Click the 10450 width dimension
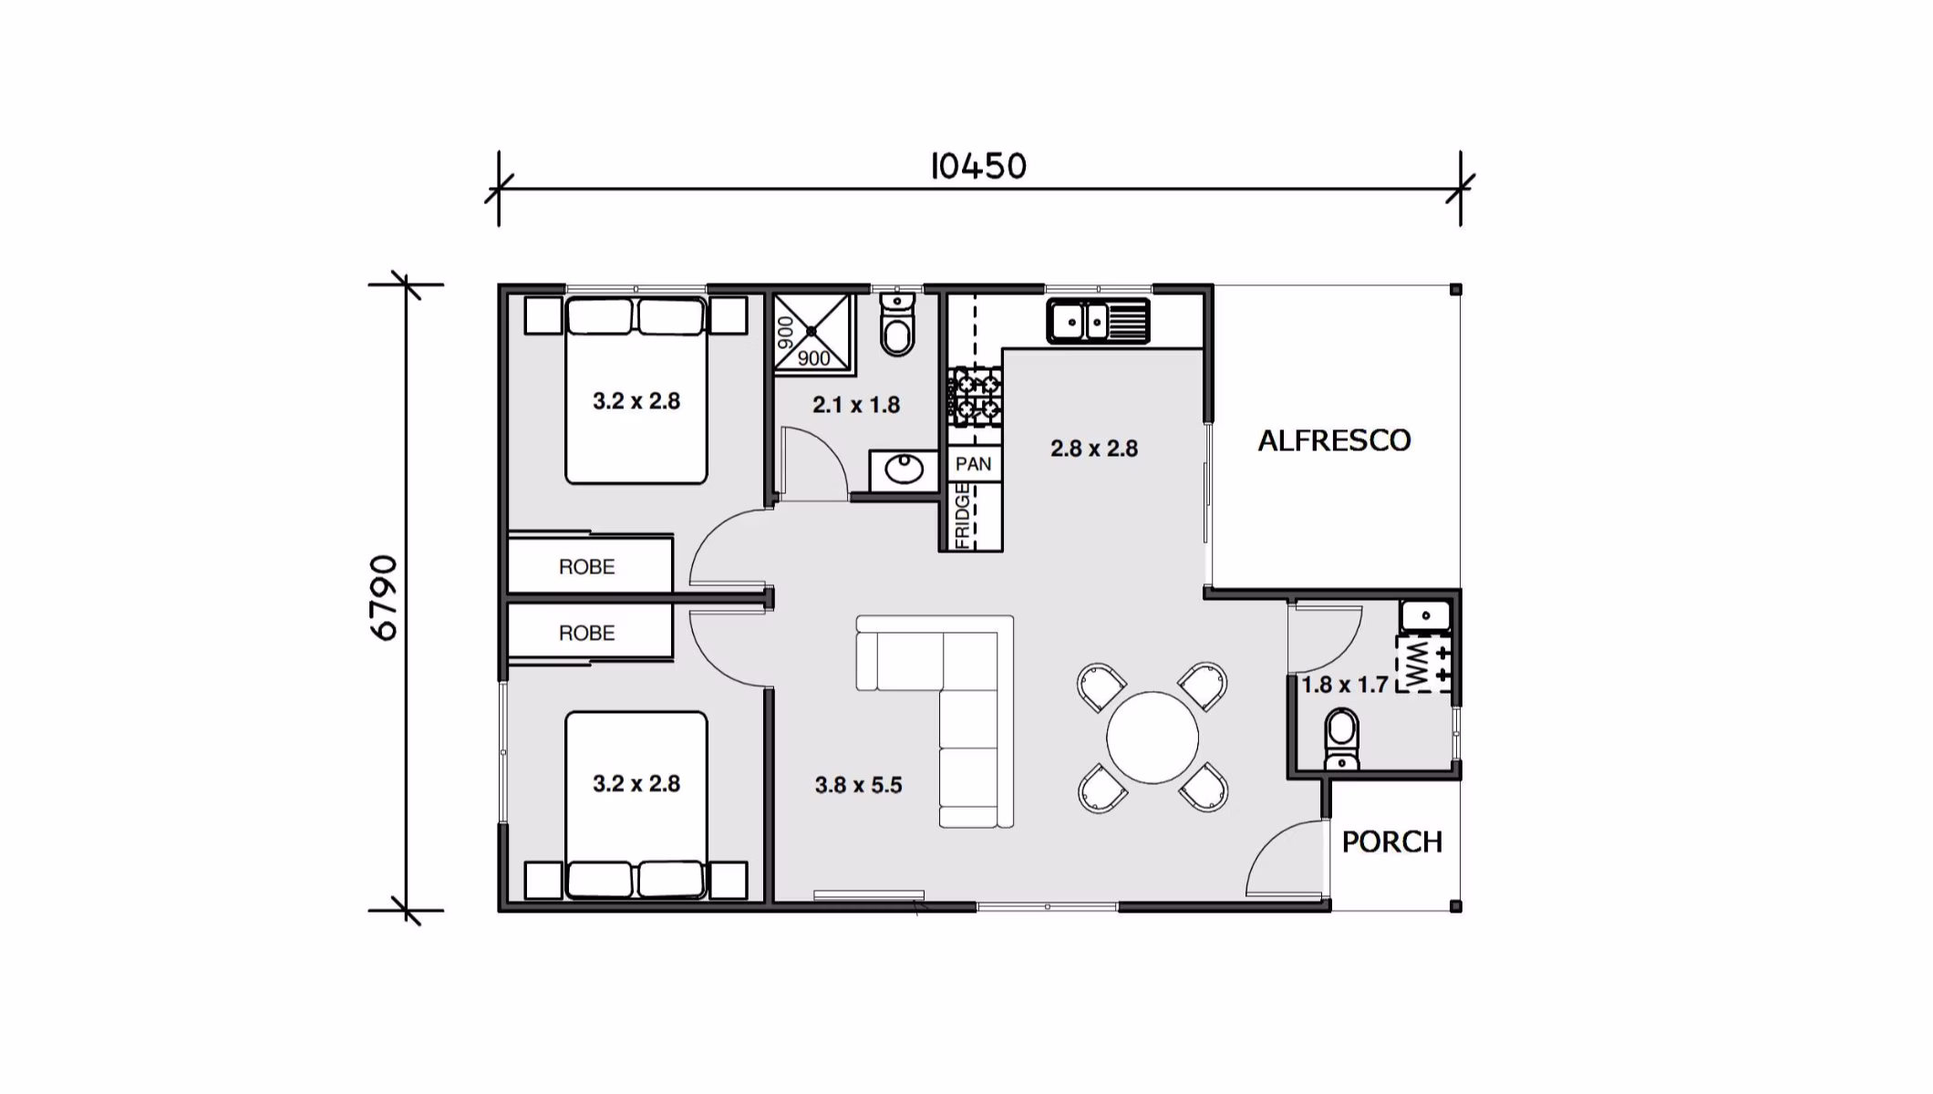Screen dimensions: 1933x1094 tap(978, 166)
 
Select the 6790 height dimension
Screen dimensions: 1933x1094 tap(385, 598)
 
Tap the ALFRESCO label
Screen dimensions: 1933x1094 tap(1335, 441)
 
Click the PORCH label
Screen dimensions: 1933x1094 tap(1392, 841)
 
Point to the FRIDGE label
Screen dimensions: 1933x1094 tap(962, 516)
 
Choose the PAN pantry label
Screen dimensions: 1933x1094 tap(973, 464)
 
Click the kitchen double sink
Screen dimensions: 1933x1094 tap(1099, 321)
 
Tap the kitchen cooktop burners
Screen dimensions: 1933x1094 tap(975, 397)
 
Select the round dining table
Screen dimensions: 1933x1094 tap(1153, 738)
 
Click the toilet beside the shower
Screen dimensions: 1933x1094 tap(898, 325)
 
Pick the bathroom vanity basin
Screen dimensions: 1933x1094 tap(904, 470)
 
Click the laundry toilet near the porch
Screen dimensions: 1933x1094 tap(1341, 739)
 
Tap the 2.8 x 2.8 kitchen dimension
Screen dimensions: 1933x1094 tap(1094, 449)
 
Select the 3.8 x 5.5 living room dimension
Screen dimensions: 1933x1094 tap(858, 785)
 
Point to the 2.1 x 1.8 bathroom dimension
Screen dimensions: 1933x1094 tap(856, 405)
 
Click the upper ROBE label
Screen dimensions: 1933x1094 tap(586, 567)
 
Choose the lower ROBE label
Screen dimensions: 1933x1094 tap(586, 633)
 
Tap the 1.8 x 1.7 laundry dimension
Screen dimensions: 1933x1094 tap(1345, 685)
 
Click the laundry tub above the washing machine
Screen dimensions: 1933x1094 tap(1425, 616)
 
